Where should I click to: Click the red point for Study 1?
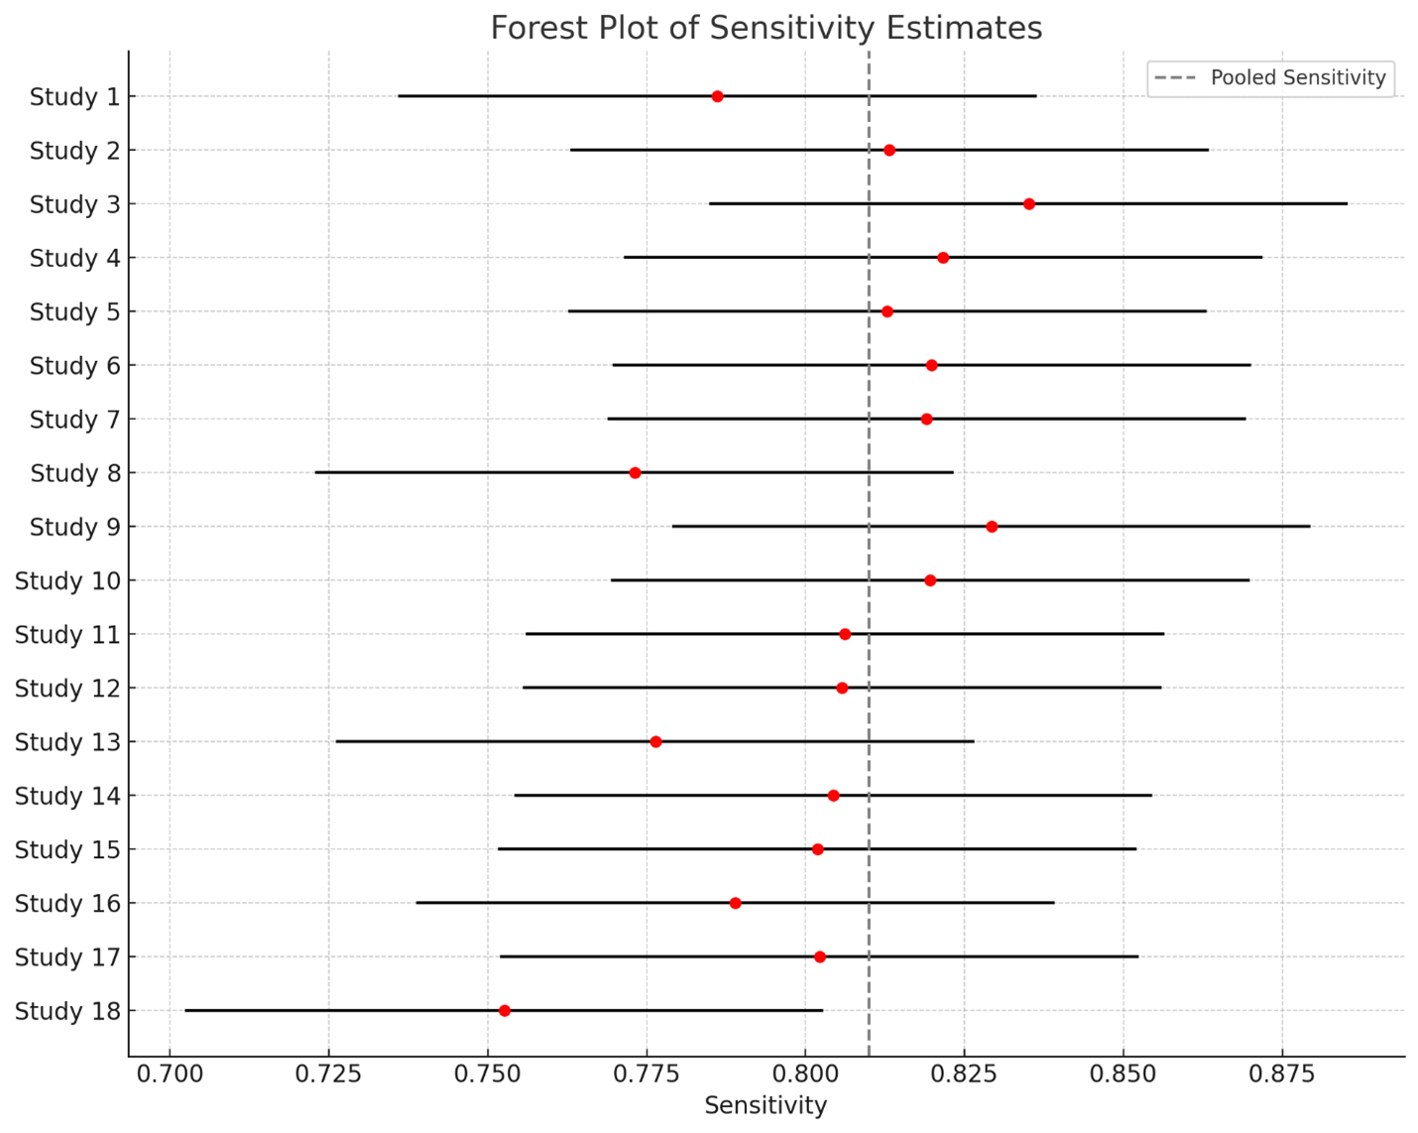(717, 96)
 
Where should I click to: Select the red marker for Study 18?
(505, 1011)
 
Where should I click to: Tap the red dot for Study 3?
(1029, 204)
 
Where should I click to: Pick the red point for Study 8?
(635, 473)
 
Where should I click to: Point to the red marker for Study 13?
(655, 742)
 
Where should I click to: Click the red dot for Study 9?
(992, 527)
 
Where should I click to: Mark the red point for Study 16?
(735, 904)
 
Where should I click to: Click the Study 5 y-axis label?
(74, 313)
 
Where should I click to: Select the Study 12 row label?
(67, 689)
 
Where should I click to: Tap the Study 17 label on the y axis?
(67, 957)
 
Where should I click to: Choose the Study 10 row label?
(67, 581)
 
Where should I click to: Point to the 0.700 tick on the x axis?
(170, 1074)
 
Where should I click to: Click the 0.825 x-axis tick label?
(964, 1074)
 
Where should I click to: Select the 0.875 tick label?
(1282, 1074)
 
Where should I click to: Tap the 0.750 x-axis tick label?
(487, 1074)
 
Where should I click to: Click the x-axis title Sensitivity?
(766, 1106)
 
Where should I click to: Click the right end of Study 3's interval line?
(1347, 204)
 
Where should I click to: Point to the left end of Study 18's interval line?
(185, 1011)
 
